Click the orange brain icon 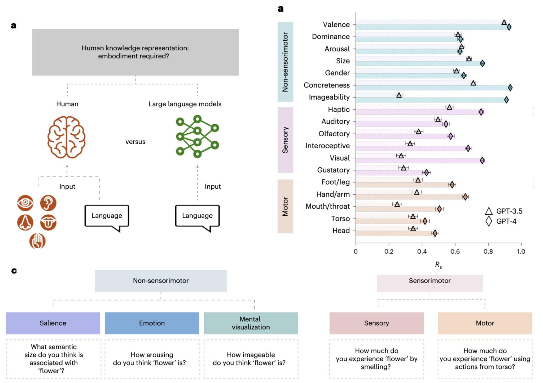point(67,137)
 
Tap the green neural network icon point(197,136)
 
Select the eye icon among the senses point(25,203)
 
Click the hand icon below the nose point(37,241)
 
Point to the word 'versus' point(135,142)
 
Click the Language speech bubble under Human point(107,216)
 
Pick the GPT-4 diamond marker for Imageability point(506,100)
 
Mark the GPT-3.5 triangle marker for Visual point(401,156)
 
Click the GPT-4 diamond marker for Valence point(509,27)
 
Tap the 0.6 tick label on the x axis point(455,251)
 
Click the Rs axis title point(438,265)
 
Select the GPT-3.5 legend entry point(503,211)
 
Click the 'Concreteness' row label point(327,85)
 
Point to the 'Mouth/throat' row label point(327,206)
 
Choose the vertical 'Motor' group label point(285,206)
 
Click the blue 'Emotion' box point(152,323)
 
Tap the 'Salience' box point(53,323)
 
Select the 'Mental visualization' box point(251,323)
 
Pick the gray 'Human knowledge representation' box point(135,52)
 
